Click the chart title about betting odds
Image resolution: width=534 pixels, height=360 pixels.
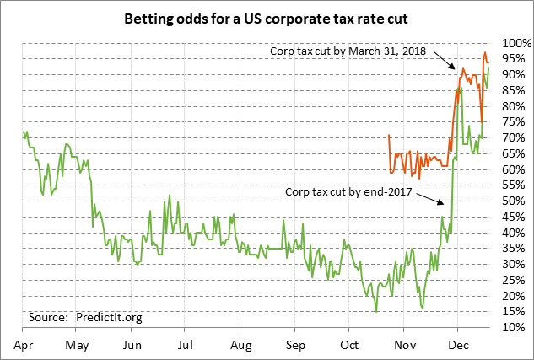[266, 18]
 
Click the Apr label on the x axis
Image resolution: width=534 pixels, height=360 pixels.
[23, 345]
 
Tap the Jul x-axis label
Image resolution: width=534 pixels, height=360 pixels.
[186, 345]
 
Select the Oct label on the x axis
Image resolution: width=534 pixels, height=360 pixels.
[348, 345]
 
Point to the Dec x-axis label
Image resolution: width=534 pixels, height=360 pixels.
[457, 345]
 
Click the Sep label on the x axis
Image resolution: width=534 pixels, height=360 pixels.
[294, 345]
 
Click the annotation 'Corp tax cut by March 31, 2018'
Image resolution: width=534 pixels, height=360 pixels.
[348, 51]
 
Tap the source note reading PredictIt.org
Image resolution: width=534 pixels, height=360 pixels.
[85, 317]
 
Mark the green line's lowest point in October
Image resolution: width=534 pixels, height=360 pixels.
[376, 311]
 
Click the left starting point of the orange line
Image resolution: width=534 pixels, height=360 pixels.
[388, 135]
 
